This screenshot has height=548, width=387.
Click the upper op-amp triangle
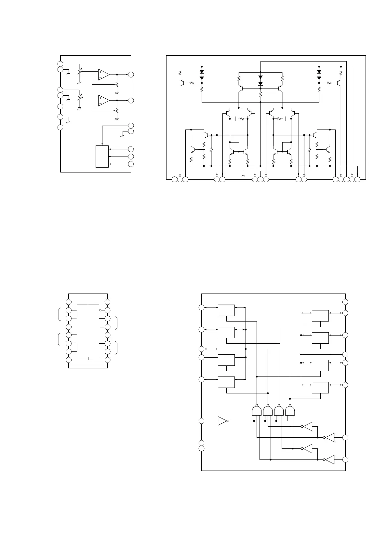103,74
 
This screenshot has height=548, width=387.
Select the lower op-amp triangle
103,100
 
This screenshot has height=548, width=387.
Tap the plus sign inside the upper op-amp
100,72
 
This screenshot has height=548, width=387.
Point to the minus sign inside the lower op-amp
100,103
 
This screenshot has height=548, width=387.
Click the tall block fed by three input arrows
102,157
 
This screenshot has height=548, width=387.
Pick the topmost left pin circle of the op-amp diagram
60,64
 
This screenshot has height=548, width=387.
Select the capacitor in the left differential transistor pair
234,119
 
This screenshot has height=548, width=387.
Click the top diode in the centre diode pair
260,78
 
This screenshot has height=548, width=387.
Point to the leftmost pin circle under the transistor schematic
174,179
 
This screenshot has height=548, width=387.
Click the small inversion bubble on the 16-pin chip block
100,310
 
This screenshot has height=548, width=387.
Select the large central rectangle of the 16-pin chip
88,331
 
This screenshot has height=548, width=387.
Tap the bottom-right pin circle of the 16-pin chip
108,360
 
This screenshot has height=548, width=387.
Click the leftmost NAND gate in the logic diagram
257,411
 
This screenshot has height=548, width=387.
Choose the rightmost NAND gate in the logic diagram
290,411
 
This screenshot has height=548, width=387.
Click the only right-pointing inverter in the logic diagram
223,421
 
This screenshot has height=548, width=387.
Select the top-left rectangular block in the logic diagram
226,310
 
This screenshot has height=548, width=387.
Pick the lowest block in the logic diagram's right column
320,388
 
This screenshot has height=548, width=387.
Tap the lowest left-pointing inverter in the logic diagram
329,459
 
